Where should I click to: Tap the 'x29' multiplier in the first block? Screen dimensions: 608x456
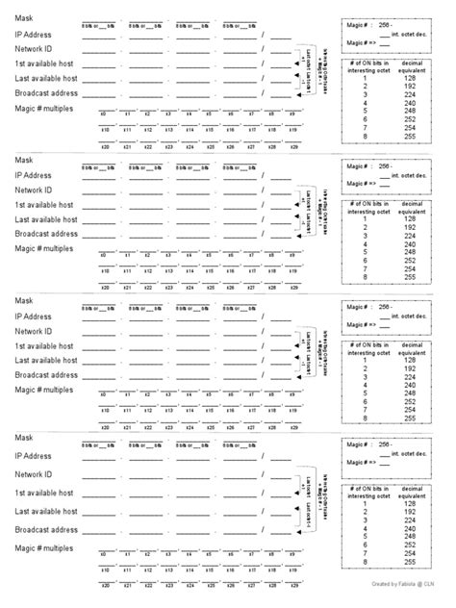click(x=293, y=147)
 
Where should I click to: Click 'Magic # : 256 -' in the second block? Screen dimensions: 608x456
click(x=369, y=165)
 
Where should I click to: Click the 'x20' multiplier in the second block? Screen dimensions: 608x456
click(x=103, y=287)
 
